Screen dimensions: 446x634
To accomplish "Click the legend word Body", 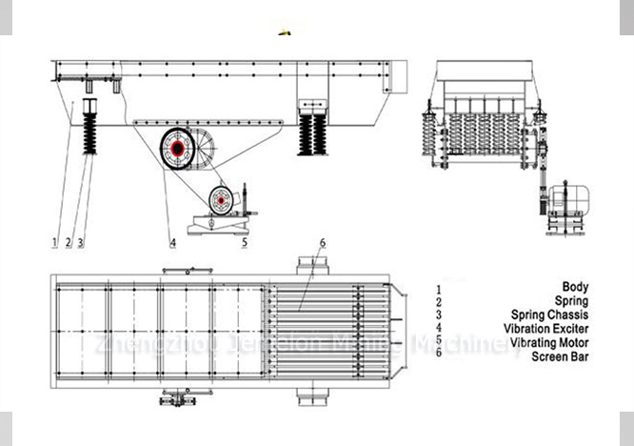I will pos(575,287).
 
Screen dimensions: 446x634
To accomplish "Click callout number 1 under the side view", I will pos(55,242).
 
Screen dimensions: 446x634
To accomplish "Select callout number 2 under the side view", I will pos(69,242).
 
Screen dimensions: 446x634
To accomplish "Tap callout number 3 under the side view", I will pos(81,242).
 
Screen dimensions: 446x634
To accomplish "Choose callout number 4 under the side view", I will pos(172,242).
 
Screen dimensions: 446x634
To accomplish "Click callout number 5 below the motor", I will pos(245,242).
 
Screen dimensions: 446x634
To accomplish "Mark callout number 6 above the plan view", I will pos(323,243).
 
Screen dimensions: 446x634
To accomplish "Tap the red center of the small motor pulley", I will pos(221,201).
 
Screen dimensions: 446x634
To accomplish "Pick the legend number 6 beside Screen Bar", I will pos(438,355).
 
